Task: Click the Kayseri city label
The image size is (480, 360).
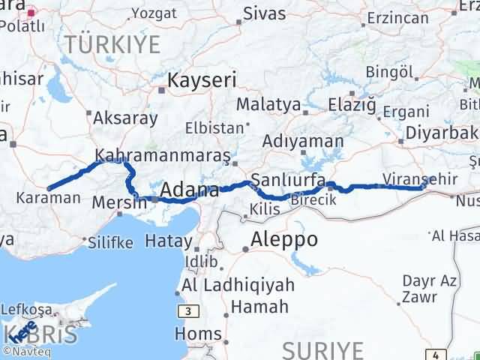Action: (x=202, y=79)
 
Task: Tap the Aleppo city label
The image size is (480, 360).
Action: (x=283, y=240)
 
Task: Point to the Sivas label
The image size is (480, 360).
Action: (x=265, y=13)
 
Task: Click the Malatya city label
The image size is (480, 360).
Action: (x=268, y=104)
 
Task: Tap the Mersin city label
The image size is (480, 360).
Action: (x=118, y=202)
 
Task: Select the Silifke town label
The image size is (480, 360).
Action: (x=110, y=242)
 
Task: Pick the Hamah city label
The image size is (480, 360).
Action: (x=259, y=307)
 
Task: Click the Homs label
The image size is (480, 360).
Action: (x=198, y=334)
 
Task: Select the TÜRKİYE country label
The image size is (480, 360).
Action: (x=112, y=45)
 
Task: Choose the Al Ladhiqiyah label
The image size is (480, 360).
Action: (x=238, y=286)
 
